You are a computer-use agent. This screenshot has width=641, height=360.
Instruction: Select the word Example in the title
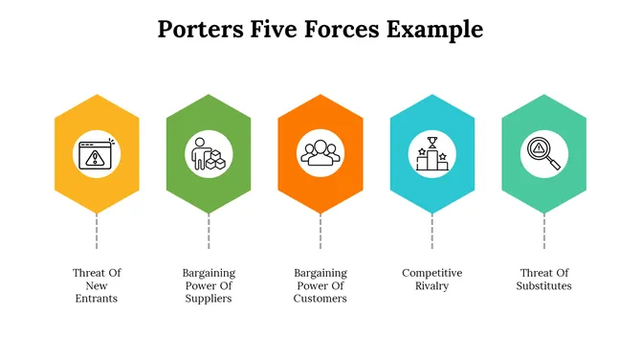[x=434, y=31]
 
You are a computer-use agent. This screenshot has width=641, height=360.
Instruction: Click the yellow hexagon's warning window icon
[x=97, y=153]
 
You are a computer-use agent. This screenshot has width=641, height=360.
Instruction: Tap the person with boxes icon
[x=209, y=153]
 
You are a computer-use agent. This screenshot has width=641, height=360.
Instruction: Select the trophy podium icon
[x=432, y=153]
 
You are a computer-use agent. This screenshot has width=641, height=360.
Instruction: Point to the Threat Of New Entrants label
[x=97, y=285]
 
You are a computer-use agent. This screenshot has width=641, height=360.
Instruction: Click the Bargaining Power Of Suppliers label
[x=209, y=285]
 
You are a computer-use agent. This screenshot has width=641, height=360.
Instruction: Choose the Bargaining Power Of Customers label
[x=320, y=285]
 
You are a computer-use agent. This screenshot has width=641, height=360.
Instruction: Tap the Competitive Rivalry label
[x=432, y=280]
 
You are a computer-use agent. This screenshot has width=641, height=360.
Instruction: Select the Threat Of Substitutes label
[x=544, y=280]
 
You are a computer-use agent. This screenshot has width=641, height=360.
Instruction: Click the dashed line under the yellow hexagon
[x=97, y=233]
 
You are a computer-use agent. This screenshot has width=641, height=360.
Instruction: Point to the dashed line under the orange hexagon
[x=320, y=233]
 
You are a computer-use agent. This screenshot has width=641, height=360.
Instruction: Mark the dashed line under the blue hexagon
[x=432, y=233]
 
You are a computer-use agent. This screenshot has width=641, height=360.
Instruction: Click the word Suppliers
[x=209, y=298]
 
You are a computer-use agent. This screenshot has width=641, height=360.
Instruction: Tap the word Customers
[x=320, y=298]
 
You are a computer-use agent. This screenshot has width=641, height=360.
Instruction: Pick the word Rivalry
[x=432, y=285]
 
